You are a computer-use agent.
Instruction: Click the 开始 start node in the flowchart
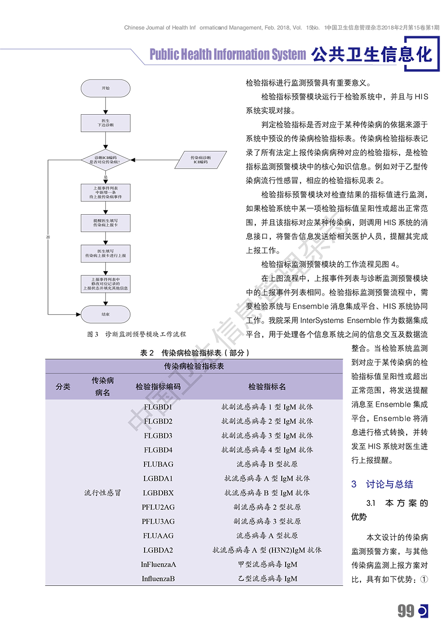pos(105,88)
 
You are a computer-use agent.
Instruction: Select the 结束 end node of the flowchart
pos(105,314)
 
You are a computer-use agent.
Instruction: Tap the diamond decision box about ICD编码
pos(105,159)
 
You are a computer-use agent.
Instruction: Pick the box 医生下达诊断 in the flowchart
pos(105,123)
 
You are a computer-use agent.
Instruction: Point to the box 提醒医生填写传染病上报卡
pos(105,223)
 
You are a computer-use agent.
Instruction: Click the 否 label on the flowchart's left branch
pos(48,237)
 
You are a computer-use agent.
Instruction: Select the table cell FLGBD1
pos(158,407)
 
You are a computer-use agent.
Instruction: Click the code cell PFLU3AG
pos(158,521)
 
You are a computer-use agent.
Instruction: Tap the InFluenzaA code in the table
pos(158,564)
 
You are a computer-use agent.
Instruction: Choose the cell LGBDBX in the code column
pos(158,493)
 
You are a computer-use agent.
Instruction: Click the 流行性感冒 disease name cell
pos(102,493)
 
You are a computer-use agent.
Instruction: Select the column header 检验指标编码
pos(158,386)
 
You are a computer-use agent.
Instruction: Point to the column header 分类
pos(63,386)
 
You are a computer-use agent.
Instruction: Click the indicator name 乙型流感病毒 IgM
pos(267,578)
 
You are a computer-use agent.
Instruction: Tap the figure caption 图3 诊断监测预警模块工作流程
pos(136,334)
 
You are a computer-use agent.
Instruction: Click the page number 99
pos(406,611)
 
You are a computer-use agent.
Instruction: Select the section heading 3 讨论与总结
pos(383,484)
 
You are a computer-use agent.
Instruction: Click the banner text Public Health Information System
pos(227,54)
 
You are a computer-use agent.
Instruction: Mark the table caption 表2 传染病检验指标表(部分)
pos(195,352)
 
